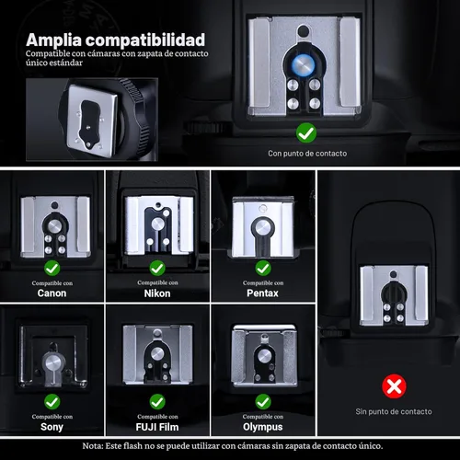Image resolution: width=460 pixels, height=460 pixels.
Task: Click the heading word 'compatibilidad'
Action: (x=145, y=40)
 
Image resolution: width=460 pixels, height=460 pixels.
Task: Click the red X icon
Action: (x=394, y=386)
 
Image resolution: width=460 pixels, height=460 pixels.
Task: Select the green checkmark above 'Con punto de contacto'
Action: (x=306, y=132)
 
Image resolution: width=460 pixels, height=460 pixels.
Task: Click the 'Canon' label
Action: (x=52, y=293)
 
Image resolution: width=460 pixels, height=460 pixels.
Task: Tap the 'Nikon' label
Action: (x=157, y=293)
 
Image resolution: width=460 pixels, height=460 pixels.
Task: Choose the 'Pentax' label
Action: (x=263, y=293)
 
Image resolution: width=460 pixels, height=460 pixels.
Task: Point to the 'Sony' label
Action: (x=52, y=427)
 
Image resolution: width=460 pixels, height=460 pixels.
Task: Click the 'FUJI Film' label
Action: (x=157, y=427)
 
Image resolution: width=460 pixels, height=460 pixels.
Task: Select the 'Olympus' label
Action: (x=263, y=427)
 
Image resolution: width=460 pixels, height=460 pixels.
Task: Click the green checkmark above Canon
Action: (x=52, y=269)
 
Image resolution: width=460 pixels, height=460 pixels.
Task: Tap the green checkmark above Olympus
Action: (x=263, y=402)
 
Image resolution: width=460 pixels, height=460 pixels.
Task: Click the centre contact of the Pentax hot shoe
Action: (x=263, y=227)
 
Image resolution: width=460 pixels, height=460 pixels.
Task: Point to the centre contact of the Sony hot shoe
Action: (x=52, y=363)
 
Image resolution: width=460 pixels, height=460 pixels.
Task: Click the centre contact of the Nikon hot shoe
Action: (x=157, y=224)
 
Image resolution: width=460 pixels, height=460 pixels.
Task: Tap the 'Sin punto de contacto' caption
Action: (x=394, y=411)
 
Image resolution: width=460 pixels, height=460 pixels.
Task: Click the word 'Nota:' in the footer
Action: (x=92, y=446)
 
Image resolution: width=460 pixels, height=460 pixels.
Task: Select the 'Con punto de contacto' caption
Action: (x=307, y=154)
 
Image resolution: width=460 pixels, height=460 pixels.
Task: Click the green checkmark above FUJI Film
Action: (x=157, y=402)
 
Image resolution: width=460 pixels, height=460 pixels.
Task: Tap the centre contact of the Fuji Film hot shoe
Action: (x=157, y=354)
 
